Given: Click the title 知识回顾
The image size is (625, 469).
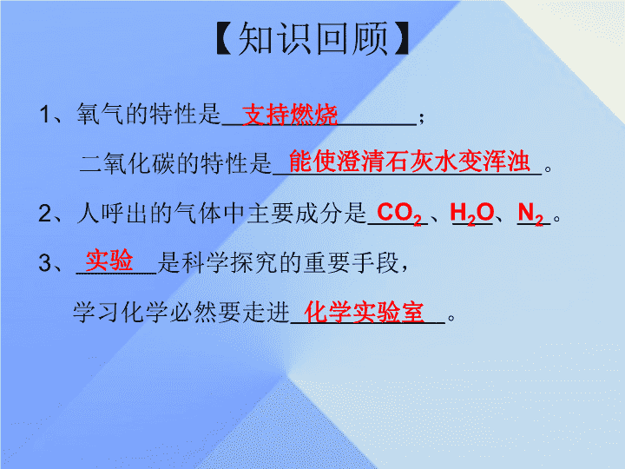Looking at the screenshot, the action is pos(313,38).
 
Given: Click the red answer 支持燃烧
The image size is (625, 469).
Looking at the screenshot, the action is pos(290,115).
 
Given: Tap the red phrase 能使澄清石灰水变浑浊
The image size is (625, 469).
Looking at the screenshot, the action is pos(410,162).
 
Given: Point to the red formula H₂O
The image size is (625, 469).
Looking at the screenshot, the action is pos(472,214).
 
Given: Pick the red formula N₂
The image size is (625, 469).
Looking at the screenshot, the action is pos(530,214).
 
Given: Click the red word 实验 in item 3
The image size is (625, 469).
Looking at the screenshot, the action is pos(109,261).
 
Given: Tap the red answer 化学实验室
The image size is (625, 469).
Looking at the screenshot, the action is pos(364,312).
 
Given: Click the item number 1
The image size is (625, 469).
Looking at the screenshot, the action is pos(44,115).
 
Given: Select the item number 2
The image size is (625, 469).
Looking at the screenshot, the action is pos(44,214).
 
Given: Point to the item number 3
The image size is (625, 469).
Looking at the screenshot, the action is pos(44,263).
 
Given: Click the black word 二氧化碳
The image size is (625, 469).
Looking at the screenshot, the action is pos(128,163).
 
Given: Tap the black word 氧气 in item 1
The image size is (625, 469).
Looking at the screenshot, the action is pos(101,114).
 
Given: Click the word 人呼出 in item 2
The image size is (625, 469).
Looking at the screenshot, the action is pos(113,213).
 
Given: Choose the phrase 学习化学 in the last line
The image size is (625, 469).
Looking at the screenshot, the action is pos(121,313).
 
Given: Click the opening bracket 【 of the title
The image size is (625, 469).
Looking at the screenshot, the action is pos(224,38).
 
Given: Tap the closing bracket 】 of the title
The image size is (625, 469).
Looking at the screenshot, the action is pos(401,38).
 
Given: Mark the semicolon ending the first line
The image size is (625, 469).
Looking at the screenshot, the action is pos(421,117).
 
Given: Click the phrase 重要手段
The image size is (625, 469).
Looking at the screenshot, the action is pos(351,263).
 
